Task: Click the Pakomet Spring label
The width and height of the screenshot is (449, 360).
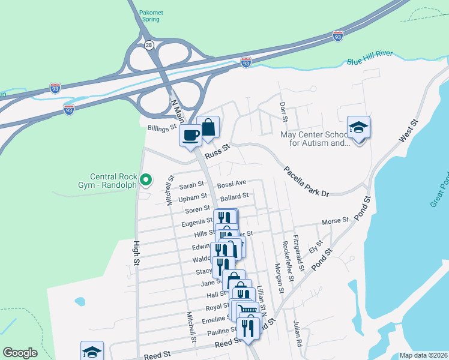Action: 149,16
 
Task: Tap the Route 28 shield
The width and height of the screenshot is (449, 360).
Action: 148,44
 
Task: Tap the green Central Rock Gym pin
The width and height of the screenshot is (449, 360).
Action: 145,179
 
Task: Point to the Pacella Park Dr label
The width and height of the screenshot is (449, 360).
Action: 307,182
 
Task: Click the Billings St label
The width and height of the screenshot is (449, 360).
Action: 161,127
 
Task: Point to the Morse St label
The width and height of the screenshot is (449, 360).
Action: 335,221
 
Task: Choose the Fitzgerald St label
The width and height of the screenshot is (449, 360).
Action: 298,246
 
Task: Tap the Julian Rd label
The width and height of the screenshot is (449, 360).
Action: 298,334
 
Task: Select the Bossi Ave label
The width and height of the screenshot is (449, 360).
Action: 232,183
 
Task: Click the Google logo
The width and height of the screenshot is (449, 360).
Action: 20,353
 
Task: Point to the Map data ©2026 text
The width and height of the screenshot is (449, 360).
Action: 423,355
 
